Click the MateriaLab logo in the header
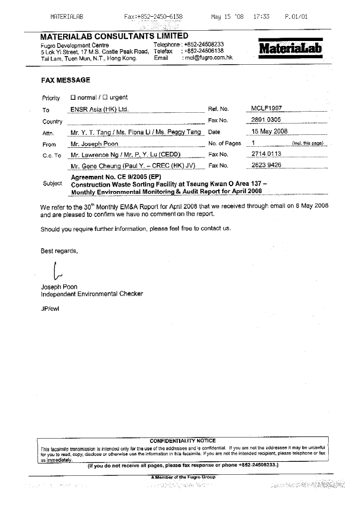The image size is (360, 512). click(291, 48)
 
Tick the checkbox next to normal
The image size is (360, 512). click(73, 98)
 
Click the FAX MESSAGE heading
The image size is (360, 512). click(65, 80)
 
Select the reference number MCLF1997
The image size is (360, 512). click(267, 108)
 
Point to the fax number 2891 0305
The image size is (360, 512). click(266, 120)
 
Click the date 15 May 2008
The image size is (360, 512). click(270, 131)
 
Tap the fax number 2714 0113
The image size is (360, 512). click(267, 154)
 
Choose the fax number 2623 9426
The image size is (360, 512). click(267, 165)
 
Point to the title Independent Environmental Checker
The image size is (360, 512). click(92, 294)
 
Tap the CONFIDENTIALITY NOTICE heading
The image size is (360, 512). click(182, 441)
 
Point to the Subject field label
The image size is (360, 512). click(52, 183)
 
